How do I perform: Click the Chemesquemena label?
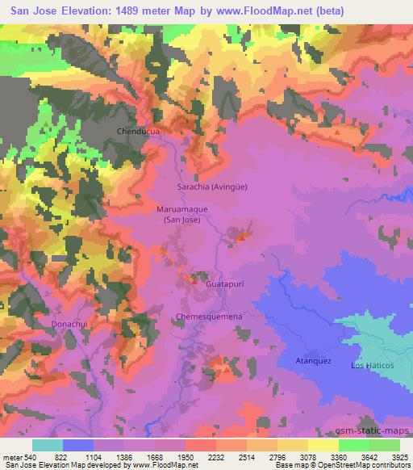coord(209,317)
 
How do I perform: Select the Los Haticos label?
coord(372,366)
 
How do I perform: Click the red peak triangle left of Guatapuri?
coord(193,280)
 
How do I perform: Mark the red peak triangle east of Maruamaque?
coord(240,237)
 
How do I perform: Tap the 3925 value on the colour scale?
coord(400,457)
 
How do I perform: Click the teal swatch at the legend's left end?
coord(48,445)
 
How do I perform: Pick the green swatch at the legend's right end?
coord(384,445)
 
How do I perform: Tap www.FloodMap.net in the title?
coord(253,11)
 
